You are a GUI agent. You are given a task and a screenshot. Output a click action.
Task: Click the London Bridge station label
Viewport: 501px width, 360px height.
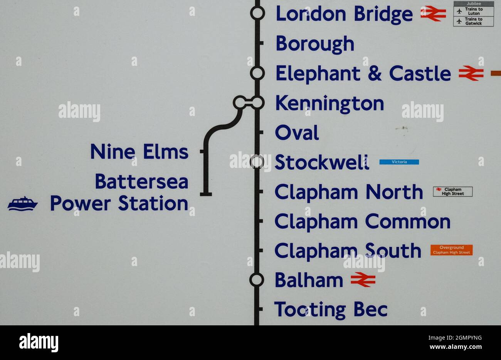pos(344,14)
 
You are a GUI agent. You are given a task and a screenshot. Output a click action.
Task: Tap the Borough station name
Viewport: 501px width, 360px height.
pos(315,44)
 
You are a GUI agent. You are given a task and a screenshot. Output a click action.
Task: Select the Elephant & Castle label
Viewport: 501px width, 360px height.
pos(363,73)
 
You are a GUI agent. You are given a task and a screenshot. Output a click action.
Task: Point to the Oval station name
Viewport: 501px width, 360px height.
pos(297,133)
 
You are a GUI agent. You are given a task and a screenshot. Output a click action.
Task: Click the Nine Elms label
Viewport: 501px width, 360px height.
pos(139,152)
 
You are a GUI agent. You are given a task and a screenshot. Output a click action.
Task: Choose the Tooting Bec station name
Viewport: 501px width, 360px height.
pos(331,310)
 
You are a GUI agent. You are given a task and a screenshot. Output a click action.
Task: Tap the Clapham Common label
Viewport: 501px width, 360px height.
pos(362,222)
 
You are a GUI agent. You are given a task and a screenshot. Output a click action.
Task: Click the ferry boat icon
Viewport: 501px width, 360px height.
pos(23,204)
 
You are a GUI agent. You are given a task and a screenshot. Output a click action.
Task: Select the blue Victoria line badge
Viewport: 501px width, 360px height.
pos(399,162)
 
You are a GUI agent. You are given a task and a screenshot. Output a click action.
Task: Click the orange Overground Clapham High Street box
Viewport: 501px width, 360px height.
pos(451,250)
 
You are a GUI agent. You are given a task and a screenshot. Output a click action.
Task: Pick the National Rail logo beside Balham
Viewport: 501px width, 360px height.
pos(363,280)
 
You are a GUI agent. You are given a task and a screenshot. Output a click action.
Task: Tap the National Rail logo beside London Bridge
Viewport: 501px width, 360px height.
pos(433,13)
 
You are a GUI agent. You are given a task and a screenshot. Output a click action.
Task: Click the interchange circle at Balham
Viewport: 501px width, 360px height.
pos(257,280)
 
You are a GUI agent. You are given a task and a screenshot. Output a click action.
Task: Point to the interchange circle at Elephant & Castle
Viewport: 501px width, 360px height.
pos(257,73)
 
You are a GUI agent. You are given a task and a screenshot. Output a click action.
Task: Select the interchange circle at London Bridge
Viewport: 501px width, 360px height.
pos(257,13)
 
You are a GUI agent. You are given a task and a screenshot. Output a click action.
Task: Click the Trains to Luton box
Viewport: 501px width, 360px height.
pos(473,11)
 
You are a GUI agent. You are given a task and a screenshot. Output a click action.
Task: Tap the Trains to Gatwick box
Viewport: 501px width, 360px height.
pos(473,21)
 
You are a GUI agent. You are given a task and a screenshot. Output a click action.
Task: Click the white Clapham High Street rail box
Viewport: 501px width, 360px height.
pos(452,191)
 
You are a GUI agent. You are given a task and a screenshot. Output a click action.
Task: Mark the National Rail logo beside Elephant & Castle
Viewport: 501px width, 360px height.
pos(471,73)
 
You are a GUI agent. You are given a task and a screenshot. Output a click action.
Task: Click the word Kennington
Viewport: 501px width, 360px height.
pos(330,104)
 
